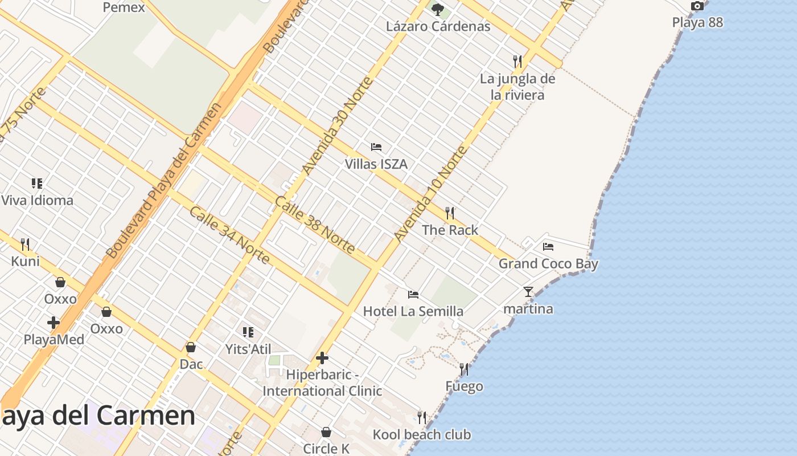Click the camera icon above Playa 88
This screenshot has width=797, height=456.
[697, 6]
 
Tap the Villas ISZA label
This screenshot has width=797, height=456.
[376, 164]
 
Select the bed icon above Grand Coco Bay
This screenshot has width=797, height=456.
[548, 247]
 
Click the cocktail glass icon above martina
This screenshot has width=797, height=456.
[528, 292]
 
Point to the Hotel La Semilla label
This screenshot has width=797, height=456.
[413, 311]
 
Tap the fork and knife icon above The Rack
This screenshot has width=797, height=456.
[450, 213]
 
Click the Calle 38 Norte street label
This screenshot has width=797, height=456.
[315, 225]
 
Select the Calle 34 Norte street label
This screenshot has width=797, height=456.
[229, 235]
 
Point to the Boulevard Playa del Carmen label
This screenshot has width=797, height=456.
[163, 180]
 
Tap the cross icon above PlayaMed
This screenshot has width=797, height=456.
[54, 323]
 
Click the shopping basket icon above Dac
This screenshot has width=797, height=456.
[191, 347]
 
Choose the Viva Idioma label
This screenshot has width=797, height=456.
[37, 201]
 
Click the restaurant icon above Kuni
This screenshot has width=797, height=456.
[25, 245]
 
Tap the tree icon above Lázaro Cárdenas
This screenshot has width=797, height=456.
[438, 9]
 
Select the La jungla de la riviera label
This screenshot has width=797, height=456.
[517, 87]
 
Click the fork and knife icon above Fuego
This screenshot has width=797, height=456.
[464, 369]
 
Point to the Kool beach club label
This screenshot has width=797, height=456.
[422, 435]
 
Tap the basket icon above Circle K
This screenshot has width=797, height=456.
[326, 432]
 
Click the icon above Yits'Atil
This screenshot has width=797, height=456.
[248, 332]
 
